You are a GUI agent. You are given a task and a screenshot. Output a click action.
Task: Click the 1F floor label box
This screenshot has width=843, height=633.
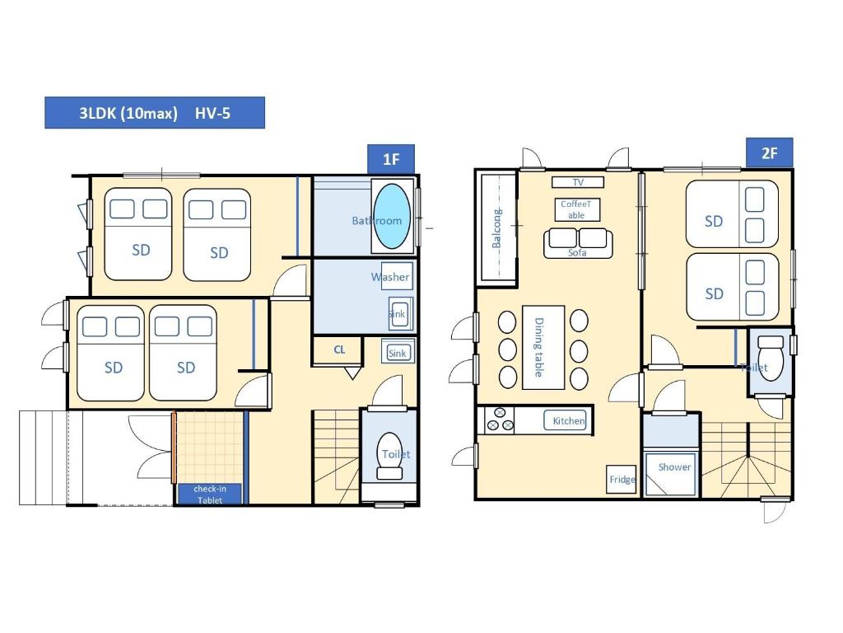391,159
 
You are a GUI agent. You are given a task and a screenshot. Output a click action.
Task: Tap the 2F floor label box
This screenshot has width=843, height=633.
770,152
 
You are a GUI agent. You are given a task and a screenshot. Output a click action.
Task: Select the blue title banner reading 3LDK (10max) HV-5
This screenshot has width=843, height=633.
155,113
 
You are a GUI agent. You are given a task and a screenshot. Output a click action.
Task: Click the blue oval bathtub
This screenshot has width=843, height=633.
391,216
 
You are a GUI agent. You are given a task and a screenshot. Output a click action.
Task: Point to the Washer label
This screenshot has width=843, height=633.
390,277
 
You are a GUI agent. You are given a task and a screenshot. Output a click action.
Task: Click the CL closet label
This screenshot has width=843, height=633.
339,349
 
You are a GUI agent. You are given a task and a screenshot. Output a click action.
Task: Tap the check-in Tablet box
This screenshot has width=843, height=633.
210,495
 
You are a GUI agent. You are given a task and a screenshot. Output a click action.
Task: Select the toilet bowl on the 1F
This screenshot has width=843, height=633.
389,455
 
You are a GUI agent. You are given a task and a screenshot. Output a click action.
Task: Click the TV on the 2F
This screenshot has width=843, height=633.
577,182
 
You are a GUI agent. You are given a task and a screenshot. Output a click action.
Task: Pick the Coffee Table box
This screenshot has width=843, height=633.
577,209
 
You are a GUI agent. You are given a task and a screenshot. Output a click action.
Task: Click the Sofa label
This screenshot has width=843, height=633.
577,253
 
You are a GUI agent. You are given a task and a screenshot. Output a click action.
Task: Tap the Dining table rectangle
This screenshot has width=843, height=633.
543,347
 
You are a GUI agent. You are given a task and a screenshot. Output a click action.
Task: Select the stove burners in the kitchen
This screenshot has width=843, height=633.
500,420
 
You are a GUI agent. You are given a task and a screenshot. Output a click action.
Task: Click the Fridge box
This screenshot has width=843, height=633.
622,479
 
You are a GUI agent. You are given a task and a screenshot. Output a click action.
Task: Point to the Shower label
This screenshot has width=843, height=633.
674,467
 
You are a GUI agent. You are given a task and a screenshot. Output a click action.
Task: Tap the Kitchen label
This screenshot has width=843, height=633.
569,421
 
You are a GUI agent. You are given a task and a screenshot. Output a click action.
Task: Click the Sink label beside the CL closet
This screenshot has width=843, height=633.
398,353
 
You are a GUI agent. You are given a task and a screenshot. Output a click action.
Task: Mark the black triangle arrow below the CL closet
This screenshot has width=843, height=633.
352,373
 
